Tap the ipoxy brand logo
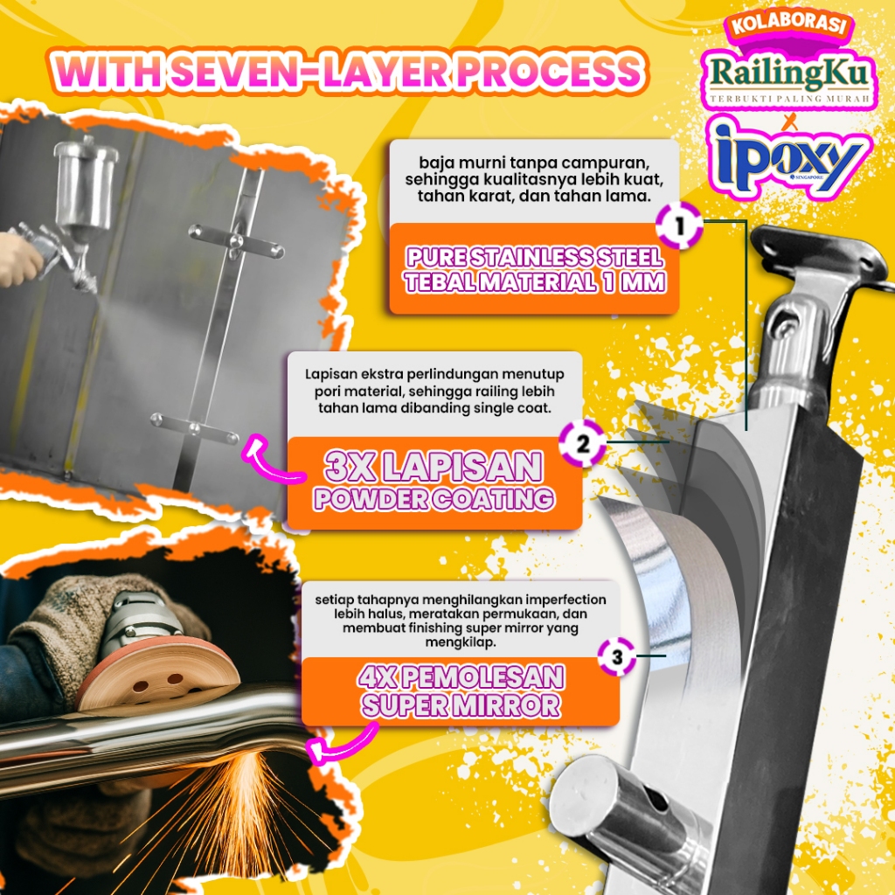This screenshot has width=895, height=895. click(x=791, y=157)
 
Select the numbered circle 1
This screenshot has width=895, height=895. click(x=678, y=226)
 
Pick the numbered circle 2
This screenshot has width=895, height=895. click(x=582, y=443)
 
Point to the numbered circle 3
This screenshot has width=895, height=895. click(x=617, y=656)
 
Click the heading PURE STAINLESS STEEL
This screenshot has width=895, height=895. click(x=535, y=257)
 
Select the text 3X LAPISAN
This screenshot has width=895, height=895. click(x=434, y=467)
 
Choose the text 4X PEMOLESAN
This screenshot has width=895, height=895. click(x=461, y=677)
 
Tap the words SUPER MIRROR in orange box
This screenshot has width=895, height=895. click(x=461, y=704)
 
